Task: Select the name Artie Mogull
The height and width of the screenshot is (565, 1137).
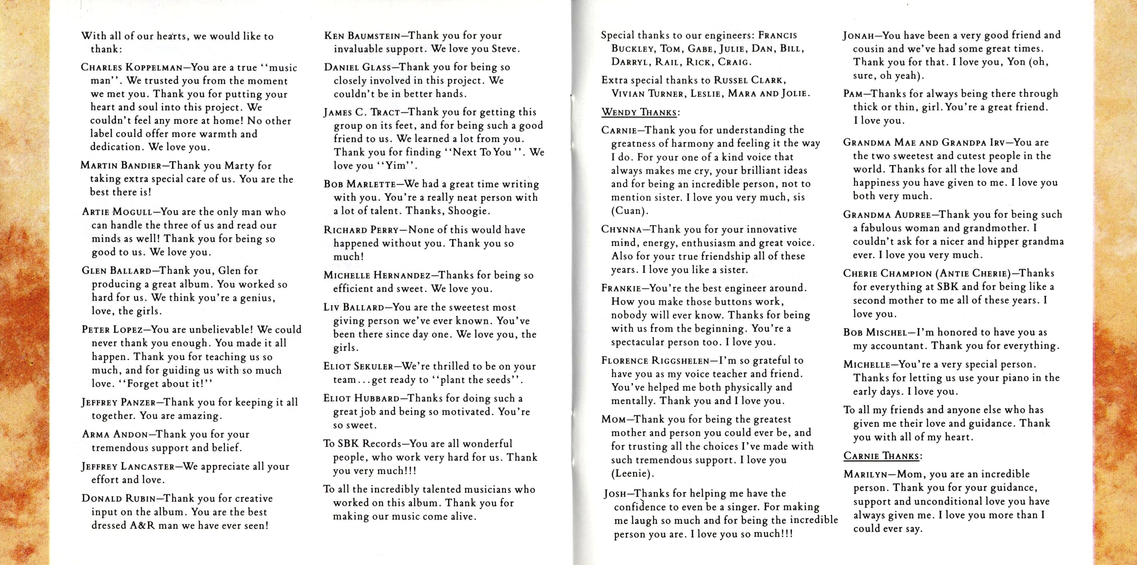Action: (118, 212)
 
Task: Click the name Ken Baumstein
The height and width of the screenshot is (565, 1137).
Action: (363, 36)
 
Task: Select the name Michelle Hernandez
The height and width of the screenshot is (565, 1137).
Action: (377, 275)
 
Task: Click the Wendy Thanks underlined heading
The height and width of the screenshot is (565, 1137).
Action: (640, 112)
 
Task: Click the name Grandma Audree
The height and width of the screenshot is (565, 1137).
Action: (887, 215)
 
